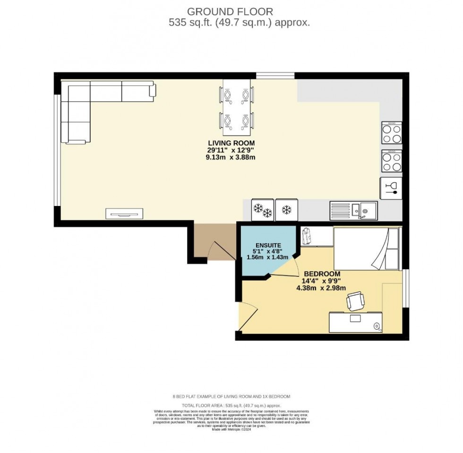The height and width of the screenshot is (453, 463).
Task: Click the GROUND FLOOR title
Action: pos(230,11)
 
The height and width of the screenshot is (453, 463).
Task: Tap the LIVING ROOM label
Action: pos(231,143)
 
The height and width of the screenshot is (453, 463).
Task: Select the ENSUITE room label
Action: pos(269,245)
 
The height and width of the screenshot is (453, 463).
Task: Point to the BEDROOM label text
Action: pos(322,274)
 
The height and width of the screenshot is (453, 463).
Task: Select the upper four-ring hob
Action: pos(392,133)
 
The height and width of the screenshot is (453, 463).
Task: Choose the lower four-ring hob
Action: pos(392,161)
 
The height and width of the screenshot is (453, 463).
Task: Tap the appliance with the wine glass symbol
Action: pos(391,188)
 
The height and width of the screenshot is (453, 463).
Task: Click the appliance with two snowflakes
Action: pos(263,209)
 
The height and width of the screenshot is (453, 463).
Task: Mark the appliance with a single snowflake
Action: pos(286,209)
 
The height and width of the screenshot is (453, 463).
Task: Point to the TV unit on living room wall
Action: pos(124,214)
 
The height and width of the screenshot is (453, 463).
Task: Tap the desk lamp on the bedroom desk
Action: pos(377,325)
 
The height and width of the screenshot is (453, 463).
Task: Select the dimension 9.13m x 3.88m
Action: pos(231,158)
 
